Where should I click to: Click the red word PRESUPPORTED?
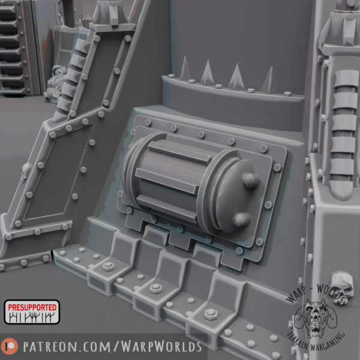[32, 307]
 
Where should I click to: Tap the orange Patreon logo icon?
[10, 346]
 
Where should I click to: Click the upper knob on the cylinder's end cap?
[250, 180]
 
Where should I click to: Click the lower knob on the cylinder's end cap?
[242, 219]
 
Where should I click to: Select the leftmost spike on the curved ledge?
[185, 68]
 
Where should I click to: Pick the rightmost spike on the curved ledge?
[271, 80]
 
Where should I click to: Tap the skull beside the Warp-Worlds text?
[341, 287]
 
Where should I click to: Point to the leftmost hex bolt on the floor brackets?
[108, 266]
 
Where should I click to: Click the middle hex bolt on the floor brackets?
[155, 289]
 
